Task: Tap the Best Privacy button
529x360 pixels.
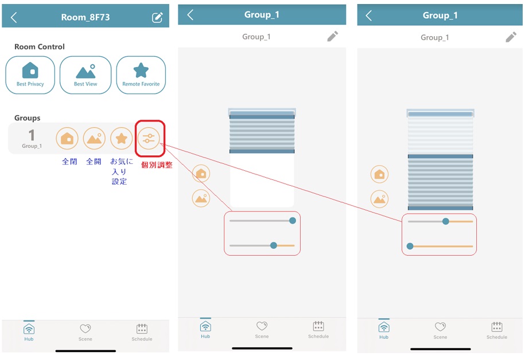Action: (x=30, y=75)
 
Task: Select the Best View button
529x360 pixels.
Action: (x=85, y=75)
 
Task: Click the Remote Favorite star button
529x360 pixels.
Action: (x=141, y=75)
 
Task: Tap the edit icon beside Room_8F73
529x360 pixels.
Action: (x=157, y=17)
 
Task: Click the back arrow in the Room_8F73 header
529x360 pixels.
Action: (x=14, y=17)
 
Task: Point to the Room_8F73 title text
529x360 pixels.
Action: (x=85, y=17)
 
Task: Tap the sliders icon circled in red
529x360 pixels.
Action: (x=149, y=139)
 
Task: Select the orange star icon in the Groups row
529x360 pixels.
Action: (x=121, y=139)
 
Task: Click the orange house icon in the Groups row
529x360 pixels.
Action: (x=67, y=139)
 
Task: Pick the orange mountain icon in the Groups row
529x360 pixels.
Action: (x=94, y=139)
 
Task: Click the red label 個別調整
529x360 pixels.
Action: (x=157, y=165)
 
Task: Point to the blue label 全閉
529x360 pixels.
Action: (x=69, y=162)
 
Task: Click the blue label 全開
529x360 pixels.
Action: (x=94, y=162)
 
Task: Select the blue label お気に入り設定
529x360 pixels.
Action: (x=121, y=171)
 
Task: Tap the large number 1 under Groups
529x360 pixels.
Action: (x=32, y=135)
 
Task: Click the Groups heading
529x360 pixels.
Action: (x=28, y=118)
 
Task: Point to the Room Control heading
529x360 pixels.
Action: (x=40, y=47)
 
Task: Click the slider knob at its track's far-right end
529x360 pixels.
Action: (x=293, y=221)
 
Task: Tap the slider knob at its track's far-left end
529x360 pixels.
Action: (x=410, y=246)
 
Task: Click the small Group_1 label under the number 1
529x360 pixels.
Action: (x=32, y=146)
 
